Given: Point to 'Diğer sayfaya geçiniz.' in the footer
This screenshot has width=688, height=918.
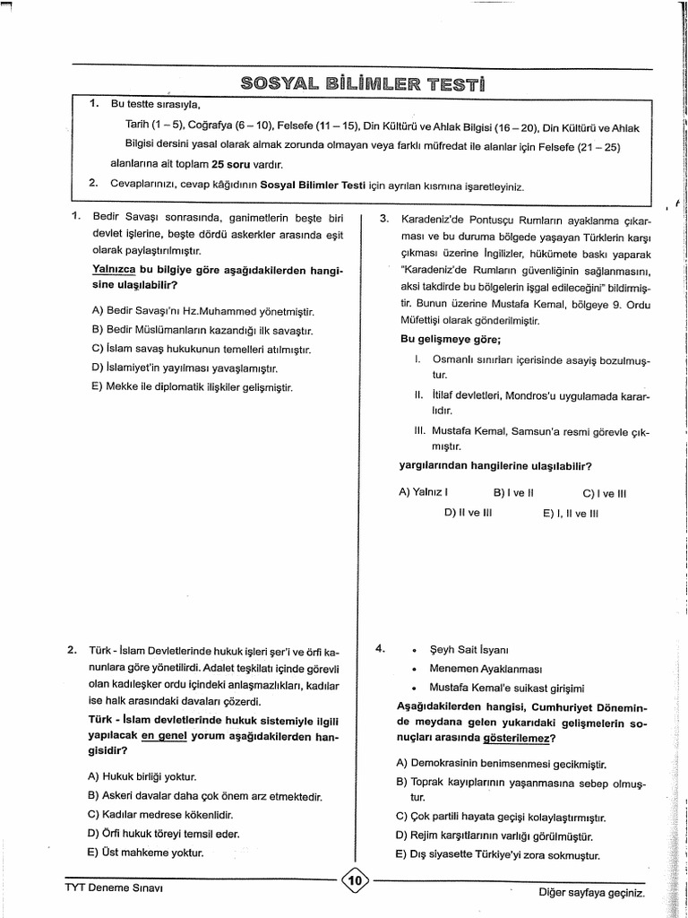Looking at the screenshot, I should (590, 893).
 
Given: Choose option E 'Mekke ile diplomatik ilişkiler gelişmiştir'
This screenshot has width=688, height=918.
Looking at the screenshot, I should (192, 387).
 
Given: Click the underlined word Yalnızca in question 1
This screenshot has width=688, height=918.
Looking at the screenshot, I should (113, 269).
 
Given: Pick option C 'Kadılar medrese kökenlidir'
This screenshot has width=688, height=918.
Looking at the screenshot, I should (161, 814).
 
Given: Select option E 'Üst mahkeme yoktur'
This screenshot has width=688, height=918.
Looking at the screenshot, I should (147, 853).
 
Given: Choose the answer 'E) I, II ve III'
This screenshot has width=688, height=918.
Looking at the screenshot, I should (570, 515).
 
